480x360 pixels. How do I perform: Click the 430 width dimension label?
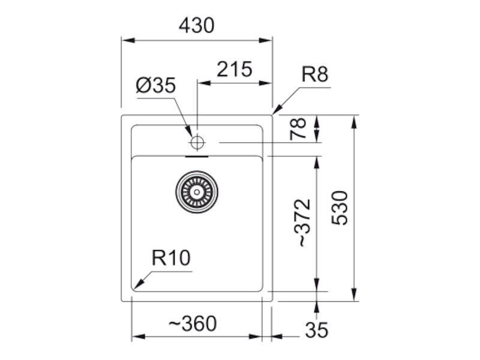click(197, 25)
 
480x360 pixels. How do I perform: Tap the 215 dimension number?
click(235, 69)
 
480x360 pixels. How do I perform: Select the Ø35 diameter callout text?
click(156, 85)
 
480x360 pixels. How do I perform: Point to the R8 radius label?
click(314, 74)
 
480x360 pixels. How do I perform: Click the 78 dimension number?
click(298, 128)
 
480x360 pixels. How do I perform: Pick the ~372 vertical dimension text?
click(302, 223)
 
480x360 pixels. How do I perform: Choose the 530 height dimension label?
click(340, 208)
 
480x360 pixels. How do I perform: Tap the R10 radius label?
click(171, 258)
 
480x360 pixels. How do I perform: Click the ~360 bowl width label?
click(193, 323)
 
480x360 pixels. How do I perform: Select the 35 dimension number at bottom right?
click(317, 330)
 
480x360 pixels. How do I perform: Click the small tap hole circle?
click(197, 142)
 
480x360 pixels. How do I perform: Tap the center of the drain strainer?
click(197, 192)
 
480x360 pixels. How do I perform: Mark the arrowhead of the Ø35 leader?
click(190, 131)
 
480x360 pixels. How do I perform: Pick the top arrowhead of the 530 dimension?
click(354, 122)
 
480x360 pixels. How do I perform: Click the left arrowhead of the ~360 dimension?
click(138, 337)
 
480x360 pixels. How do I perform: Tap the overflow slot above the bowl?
click(197, 157)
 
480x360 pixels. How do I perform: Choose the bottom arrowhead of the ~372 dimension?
click(317, 285)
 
